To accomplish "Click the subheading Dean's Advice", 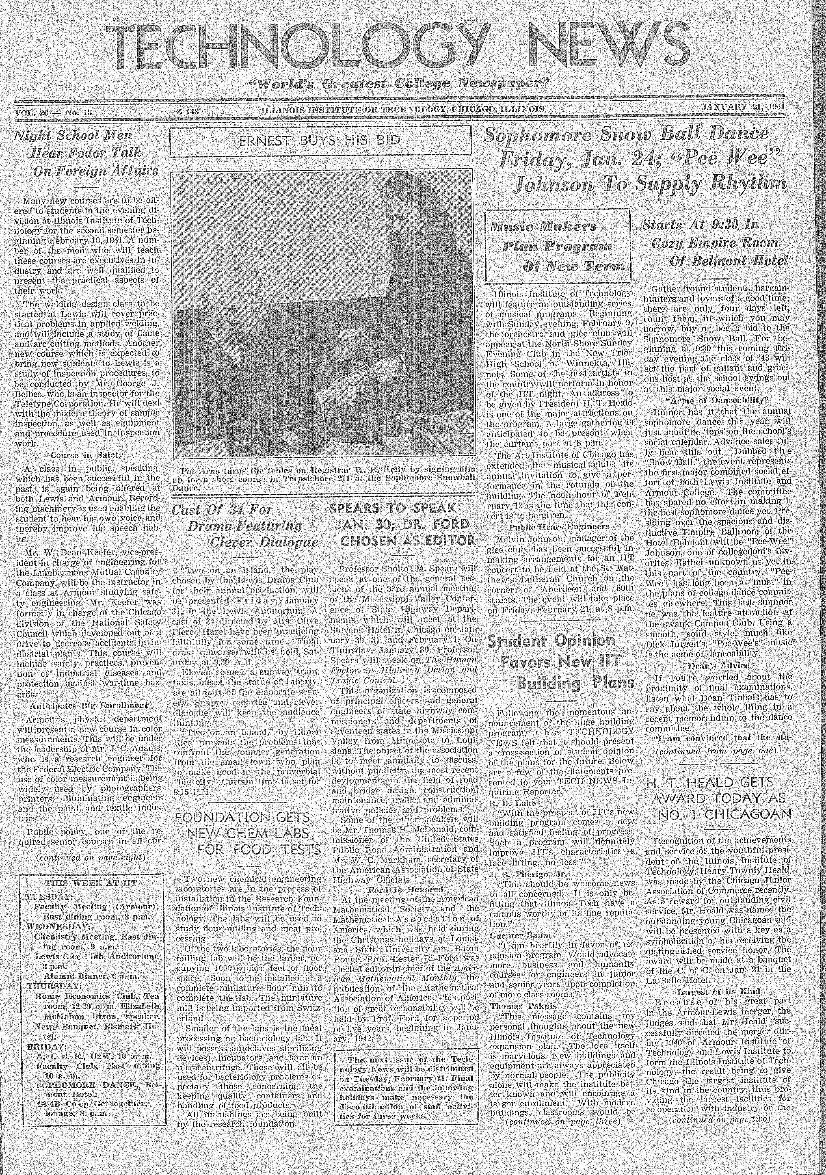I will tap(718, 666).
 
